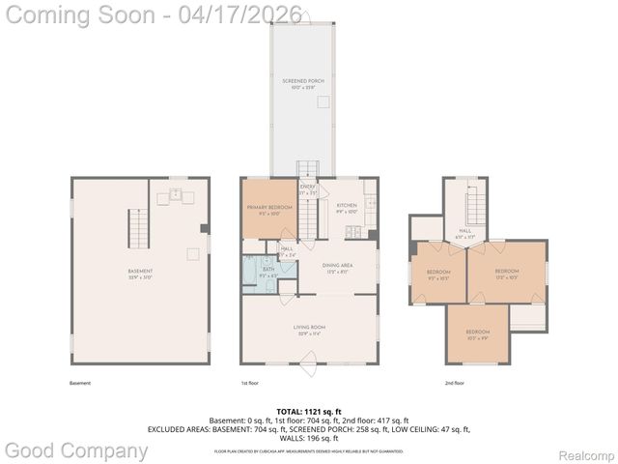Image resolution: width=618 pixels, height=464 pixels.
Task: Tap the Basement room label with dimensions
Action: pyautogui.click(x=141, y=273)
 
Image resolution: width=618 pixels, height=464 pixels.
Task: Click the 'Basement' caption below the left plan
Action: pyautogui.click(x=80, y=383)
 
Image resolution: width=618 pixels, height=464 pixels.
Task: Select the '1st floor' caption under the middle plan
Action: pyautogui.click(x=250, y=383)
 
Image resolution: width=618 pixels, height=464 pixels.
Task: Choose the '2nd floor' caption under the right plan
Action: pyautogui.click(x=454, y=383)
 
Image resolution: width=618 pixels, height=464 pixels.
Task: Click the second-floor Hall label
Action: pyautogui.click(x=464, y=233)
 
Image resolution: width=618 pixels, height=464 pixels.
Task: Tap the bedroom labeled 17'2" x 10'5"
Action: pyautogui.click(x=507, y=273)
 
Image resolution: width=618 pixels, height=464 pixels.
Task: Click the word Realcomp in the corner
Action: pyautogui.click(x=586, y=455)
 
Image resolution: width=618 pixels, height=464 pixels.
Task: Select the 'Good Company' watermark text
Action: pyautogui.click(x=76, y=450)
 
